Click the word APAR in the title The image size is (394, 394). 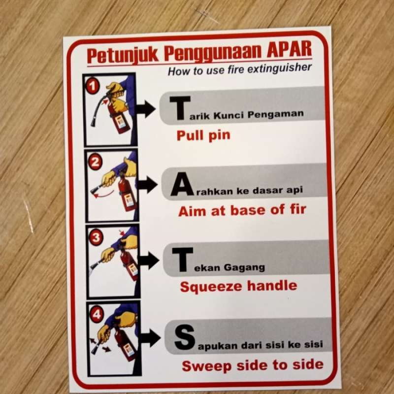pos(290,51)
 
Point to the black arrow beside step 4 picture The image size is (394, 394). pos(150,338)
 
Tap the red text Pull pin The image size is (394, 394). pos(203,135)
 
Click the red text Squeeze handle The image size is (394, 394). pos(238,287)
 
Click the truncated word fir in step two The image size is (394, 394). pos(297,209)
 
